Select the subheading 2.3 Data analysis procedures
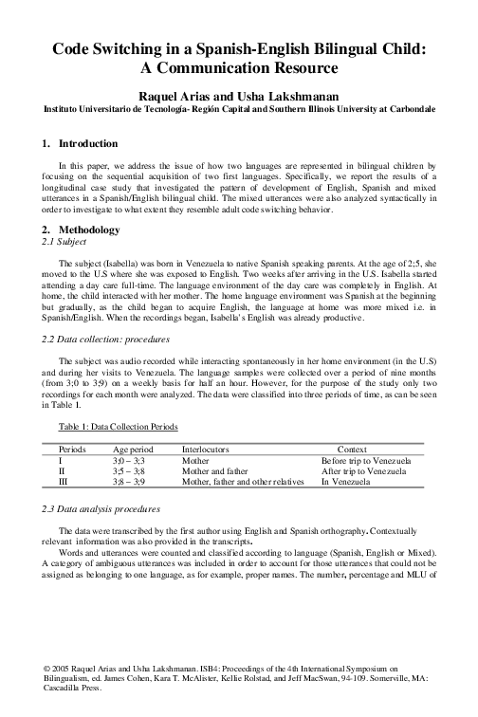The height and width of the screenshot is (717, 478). point(101,508)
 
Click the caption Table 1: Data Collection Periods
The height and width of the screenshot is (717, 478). point(117,428)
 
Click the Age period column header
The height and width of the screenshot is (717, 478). point(133,448)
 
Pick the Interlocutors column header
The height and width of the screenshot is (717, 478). point(206,448)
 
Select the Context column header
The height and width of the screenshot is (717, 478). point(352,448)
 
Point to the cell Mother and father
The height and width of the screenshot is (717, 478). point(214,470)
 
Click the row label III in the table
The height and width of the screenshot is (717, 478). point(64,482)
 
